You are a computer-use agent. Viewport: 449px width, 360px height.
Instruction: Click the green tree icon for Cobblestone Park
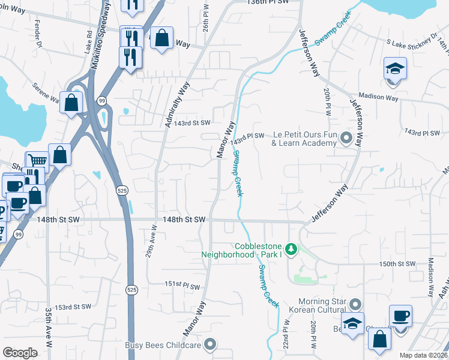(291, 248)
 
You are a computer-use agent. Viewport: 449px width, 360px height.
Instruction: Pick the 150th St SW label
(397, 264)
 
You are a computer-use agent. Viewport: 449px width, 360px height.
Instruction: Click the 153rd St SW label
(72, 307)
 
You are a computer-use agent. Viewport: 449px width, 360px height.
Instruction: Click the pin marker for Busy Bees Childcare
(209, 344)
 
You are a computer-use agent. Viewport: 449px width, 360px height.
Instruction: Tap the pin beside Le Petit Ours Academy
(346, 139)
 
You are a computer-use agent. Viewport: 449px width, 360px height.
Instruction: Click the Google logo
(20, 353)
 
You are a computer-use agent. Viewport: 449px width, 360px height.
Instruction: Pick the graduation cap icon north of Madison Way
(396, 70)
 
